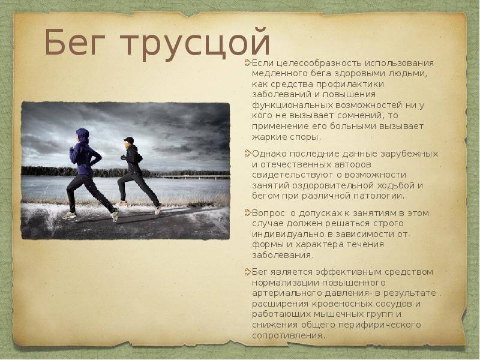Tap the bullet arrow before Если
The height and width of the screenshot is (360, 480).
[x=248, y=63]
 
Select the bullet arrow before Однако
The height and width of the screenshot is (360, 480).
[x=248, y=154]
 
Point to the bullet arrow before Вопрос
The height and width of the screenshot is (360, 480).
[x=248, y=213]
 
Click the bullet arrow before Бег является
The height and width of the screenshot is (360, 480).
[x=248, y=272]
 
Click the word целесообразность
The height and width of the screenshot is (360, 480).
[x=319, y=64]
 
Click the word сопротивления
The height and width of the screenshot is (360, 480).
[x=287, y=336]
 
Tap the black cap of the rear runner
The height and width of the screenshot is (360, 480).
[x=129, y=140]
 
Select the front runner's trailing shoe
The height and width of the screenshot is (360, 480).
[x=115, y=215]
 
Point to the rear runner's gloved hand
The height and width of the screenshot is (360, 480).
[x=123, y=157]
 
